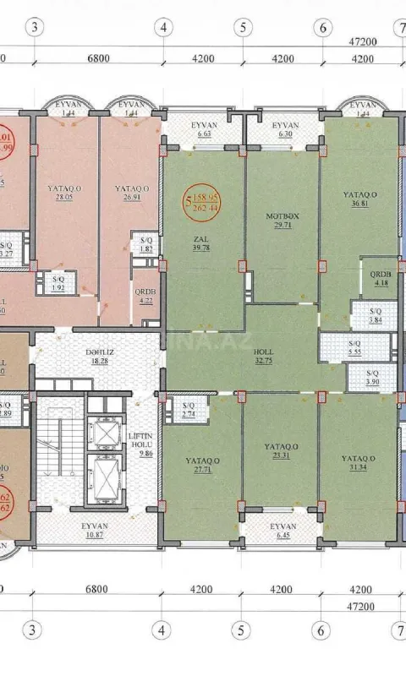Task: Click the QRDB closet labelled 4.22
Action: [145, 293]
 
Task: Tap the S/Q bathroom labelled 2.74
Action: [189, 410]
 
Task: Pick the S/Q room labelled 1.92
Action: [58, 282]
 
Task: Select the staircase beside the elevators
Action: [55, 456]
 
